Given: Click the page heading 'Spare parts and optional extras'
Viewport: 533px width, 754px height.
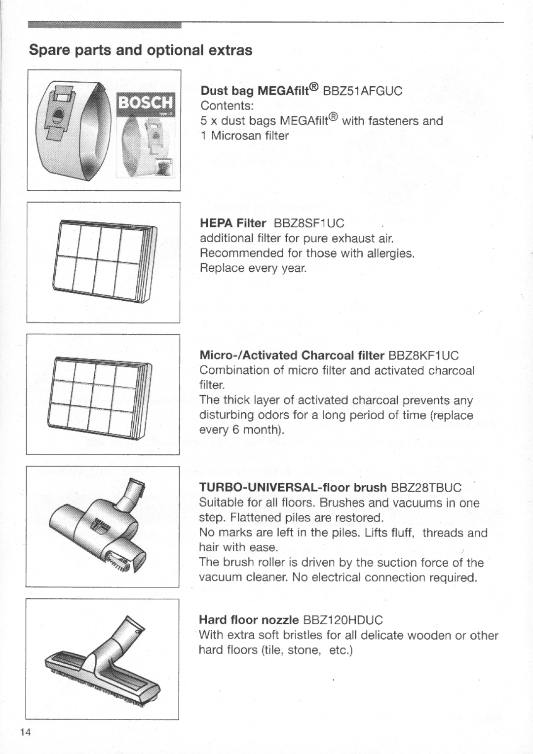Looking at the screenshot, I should pyautogui.click(x=141, y=50).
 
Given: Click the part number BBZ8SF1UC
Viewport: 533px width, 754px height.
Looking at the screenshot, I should pyautogui.click(x=306, y=223).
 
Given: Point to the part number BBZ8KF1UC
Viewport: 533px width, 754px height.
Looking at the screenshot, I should pyautogui.click(x=423, y=356).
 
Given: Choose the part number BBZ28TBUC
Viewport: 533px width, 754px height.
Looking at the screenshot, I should pyautogui.click(x=426, y=488).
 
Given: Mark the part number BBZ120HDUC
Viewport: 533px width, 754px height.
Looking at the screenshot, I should pyautogui.click(x=343, y=620).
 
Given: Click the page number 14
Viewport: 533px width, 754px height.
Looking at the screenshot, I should pyautogui.click(x=26, y=732).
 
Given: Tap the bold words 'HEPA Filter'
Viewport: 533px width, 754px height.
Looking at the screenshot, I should pyautogui.click(x=233, y=223).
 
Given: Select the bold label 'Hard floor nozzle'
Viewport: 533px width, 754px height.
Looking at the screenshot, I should pyautogui.click(x=249, y=620).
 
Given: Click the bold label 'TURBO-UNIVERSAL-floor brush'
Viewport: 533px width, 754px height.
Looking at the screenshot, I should pyautogui.click(x=293, y=488).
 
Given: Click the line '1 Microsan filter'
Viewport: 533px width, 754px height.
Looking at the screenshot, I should pyautogui.click(x=244, y=136).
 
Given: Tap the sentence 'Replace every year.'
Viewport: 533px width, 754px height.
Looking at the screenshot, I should pyautogui.click(x=253, y=268).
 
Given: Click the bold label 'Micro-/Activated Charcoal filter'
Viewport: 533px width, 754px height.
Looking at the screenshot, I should pyautogui.click(x=292, y=356).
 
